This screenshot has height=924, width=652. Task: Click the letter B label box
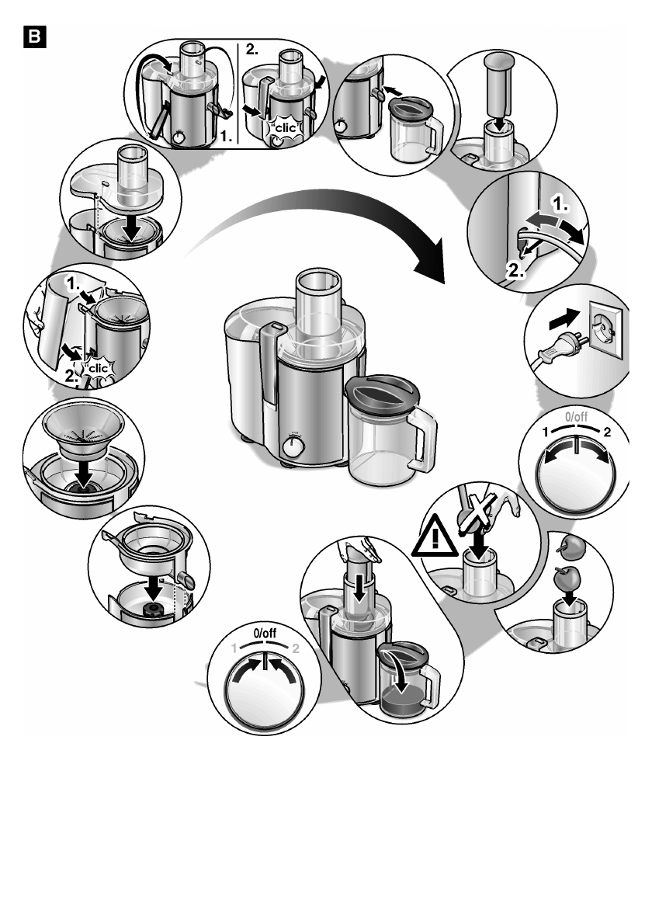(x=37, y=36)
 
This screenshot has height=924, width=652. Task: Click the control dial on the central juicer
(x=294, y=448)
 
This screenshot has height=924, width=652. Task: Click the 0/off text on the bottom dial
(x=265, y=634)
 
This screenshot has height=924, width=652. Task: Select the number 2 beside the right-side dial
(x=606, y=432)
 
